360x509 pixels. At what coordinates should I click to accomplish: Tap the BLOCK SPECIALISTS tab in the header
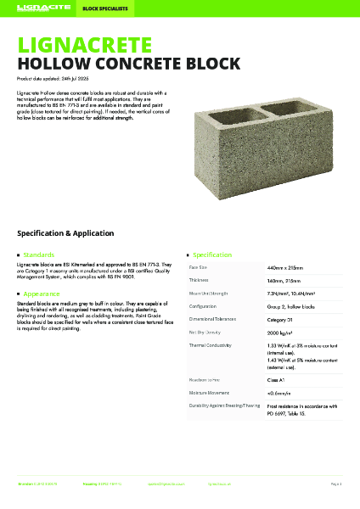[99, 9]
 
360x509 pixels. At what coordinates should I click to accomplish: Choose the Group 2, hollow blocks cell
[290, 306]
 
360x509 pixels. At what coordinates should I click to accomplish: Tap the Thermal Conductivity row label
[213, 346]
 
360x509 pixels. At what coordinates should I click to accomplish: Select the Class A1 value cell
[278, 381]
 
